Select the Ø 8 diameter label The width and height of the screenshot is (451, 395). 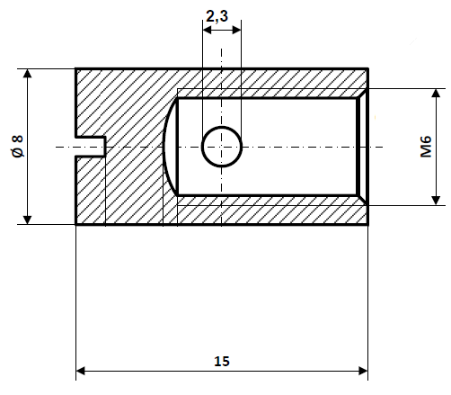(17, 146)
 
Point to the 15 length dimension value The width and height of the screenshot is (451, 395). (222, 361)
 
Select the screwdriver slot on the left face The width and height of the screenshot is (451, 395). (91, 147)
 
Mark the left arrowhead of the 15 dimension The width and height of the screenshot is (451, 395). (81, 370)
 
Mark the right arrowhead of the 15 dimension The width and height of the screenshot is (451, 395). (362, 370)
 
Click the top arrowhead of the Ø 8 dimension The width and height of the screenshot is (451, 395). (28, 74)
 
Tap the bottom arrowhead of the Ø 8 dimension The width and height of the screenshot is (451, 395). (28, 218)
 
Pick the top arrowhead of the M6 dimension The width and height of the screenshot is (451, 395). (438, 94)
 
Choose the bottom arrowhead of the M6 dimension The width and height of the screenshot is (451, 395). (438, 199)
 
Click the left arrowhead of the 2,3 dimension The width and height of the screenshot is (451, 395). (207, 30)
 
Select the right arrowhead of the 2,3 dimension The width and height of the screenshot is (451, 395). (236, 30)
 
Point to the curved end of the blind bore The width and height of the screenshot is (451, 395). (169, 147)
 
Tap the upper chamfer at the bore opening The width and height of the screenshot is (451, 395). (363, 93)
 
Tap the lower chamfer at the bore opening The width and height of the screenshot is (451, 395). (363, 200)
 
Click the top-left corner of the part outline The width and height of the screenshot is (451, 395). (75, 68)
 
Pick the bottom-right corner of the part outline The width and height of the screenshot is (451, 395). (368, 224)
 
